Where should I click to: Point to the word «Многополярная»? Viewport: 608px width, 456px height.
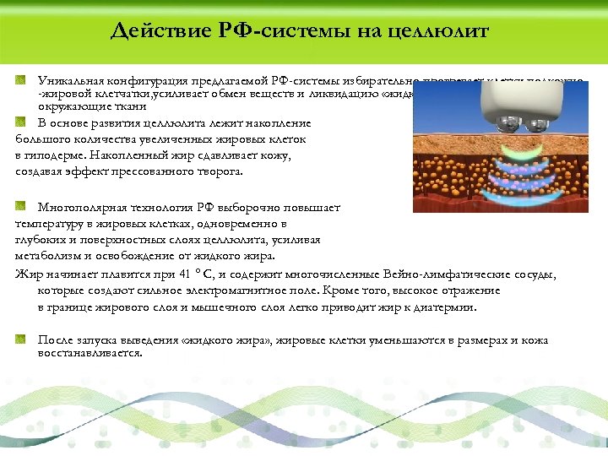82,207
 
